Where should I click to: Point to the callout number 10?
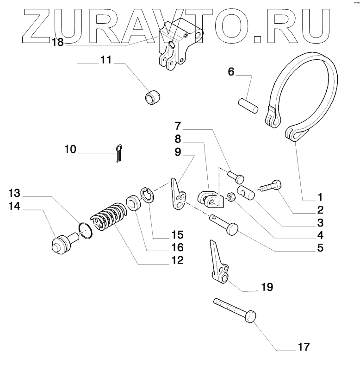71,149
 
